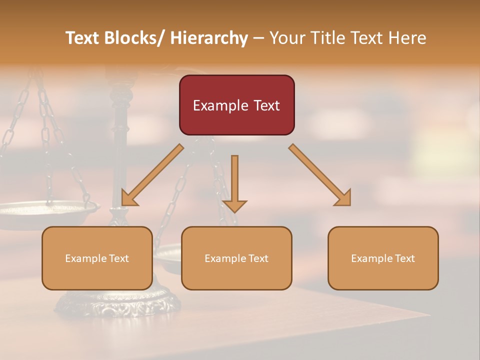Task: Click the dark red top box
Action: click(x=236, y=105)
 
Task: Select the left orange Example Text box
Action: click(x=97, y=258)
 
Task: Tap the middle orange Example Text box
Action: click(x=236, y=258)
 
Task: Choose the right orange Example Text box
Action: click(x=383, y=258)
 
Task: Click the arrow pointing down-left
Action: click(x=152, y=175)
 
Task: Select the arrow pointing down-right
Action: click(x=320, y=175)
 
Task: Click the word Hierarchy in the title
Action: click(x=209, y=38)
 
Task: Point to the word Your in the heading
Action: click(x=286, y=38)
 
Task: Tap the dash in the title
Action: click(x=258, y=38)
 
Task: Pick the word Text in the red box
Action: click(x=265, y=105)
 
